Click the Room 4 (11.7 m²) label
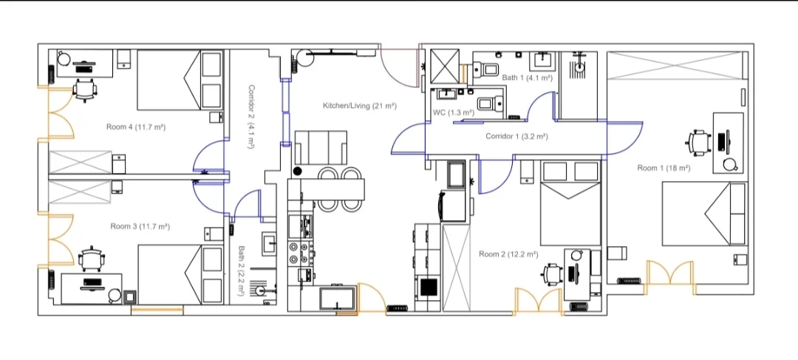(x=135, y=127)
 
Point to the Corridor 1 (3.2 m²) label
(x=516, y=137)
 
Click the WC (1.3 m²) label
(x=453, y=112)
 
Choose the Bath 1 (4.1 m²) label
(x=528, y=78)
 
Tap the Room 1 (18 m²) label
(x=664, y=169)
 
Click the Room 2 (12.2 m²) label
(x=508, y=254)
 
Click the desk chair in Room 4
(x=85, y=89)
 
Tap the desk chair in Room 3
(x=92, y=258)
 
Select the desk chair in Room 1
(x=698, y=140)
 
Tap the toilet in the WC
(x=489, y=103)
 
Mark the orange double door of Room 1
(x=670, y=277)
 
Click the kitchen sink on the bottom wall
(x=337, y=299)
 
